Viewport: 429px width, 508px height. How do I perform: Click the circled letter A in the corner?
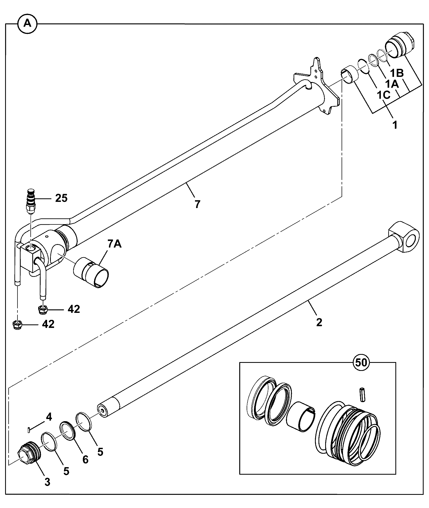point(27,24)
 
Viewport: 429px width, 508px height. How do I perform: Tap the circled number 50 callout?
point(361,363)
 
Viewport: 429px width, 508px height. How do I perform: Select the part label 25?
point(61,198)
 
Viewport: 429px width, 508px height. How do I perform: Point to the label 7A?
point(115,244)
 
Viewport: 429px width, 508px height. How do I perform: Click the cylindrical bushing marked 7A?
point(91,273)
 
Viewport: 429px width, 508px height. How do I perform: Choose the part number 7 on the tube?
point(197,205)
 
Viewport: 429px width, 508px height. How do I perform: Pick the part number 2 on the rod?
point(319,322)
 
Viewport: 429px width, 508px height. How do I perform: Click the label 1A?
point(391,84)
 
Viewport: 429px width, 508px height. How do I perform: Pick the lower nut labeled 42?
point(17,325)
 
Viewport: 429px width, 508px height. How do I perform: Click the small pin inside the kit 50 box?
point(362,394)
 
